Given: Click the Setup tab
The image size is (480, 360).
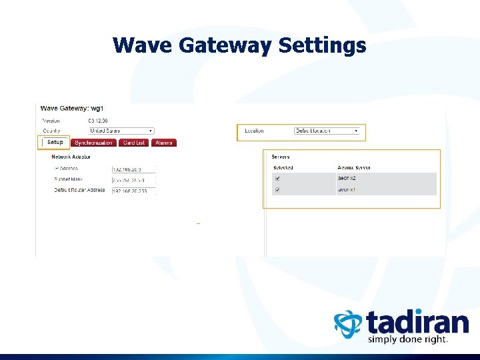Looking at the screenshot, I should pyautogui.click(x=55, y=143).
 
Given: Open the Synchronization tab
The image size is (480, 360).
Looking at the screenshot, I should pyautogui.click(x=94, y=143).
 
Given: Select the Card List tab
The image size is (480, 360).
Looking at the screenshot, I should pyautogui.click(x=134, y=143).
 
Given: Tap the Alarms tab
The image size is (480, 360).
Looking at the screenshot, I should pyautogui.click(x=164, y=143).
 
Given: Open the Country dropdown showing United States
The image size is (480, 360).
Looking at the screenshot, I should pyautogui.click(x=121, y=131).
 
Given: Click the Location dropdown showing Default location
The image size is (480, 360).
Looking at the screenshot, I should pyautogui.click(x=327, y=131).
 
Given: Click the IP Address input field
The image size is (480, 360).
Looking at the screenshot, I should pyautogui.click(x=133, y=169).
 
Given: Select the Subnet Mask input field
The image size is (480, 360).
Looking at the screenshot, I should pyautogui.click(x=133, y=180).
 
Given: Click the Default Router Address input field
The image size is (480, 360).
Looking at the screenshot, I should pyautogui.click(x=133, y=191).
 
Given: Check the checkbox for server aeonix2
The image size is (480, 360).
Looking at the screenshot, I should pyautogui.click(x=278, y=179).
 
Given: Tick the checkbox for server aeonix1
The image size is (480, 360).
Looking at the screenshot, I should pyautogui.click(x=278, y=190).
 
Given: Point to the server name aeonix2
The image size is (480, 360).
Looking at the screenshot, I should pyautogui.click(x=347, y=179).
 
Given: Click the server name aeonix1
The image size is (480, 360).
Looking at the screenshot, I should pyautogui.click(x=347, y=190).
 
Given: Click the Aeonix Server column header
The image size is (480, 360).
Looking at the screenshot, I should pyautogui.click(x=354, y=167).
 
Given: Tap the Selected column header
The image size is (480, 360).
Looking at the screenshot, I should pyautogui.click(x=283, y=167).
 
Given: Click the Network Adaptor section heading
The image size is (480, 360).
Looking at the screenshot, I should pyautogui.click(x=71, y=157).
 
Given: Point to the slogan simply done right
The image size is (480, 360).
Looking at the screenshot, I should pyautogui.click(x=408, y=339).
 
